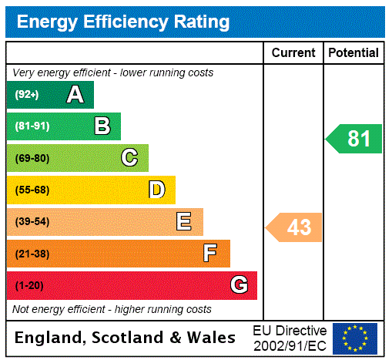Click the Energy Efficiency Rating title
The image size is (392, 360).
(x=123, y=22)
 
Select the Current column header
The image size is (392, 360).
(x=293, y=53)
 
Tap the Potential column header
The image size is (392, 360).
(x=353, y=53)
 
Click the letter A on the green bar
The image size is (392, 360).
(x=75, y=95)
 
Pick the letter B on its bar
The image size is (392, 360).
(x=102, y=126)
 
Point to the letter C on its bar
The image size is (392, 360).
(x=129, y=158)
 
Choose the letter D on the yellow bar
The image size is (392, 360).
(x=157, y=190)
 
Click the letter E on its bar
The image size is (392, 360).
(x=184, y=222)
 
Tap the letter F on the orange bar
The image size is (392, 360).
(x=210, y=254)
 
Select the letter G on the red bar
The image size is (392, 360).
(x=239, y=285)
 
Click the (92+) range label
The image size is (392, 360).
(x=26, y=95)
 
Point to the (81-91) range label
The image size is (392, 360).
(x=32, y=126)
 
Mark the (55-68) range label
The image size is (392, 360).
(x=32, y=190)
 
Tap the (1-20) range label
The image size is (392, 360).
(x=29, y=285)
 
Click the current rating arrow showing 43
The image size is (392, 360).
(x=295, y=227)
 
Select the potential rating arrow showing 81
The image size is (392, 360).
(x=355, y=139)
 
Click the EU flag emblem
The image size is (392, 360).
(x=355, y=338)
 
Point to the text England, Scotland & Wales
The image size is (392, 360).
(x=126, y=338)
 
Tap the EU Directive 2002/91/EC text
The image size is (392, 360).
(x=290, y=338)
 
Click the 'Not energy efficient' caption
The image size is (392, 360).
(x=112, y=309)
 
